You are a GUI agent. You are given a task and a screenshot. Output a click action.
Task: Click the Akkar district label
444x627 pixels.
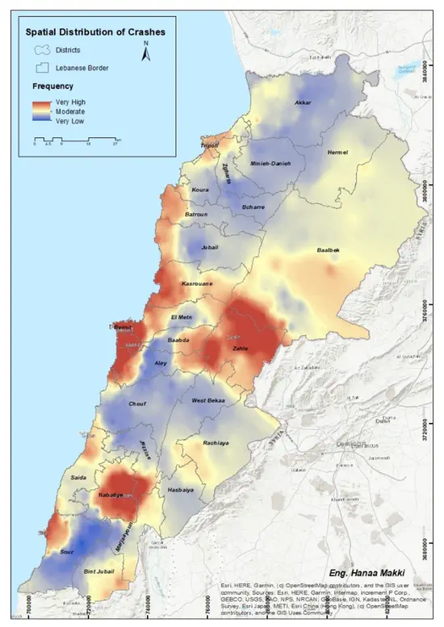pyautogui.click(x=303, y=103)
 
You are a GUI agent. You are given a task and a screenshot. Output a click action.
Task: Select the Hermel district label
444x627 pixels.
pyautogui.click(x=337, y=152)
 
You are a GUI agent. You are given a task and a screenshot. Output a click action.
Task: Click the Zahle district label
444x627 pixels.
pyautogui.click(x=240, y=349)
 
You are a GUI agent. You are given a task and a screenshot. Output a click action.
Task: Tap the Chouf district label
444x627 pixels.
pyautogui.click(x=136, y=403)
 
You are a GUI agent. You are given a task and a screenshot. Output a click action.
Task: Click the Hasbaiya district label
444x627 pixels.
pyautogui.click(x=184, y=490)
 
